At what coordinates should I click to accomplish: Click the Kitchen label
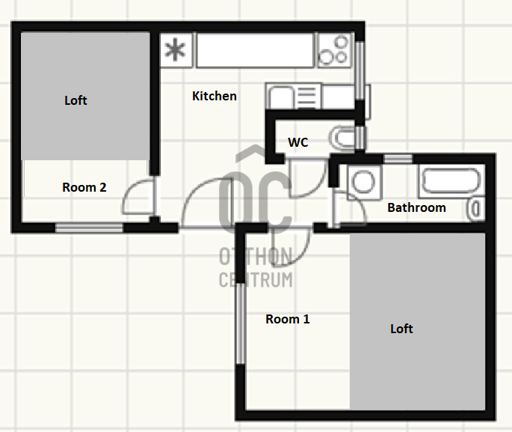(x=215, y=96)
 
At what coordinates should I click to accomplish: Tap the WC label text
(x=297, y=142)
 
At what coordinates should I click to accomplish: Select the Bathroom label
(x=416, y=207)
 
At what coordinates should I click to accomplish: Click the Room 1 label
(x=287, y=319)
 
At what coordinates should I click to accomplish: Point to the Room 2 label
(x=84, y=187)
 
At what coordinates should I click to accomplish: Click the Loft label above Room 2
(x=75, y=100)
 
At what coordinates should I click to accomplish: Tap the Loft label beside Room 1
(x=401, y=329)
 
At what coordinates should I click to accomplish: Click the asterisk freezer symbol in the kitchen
(x=176, y=50)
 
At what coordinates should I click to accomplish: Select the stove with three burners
(x=335, y=50)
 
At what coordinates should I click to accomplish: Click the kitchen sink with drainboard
(x=294, y=96)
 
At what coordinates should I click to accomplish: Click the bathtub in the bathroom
(x=451, y=181)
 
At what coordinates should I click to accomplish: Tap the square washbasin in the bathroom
(x=364, y=182)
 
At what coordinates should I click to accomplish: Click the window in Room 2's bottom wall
(x=89, y=228)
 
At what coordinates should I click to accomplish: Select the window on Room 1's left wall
(x=240, y=323)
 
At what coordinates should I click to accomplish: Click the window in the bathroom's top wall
(x=398, y=159)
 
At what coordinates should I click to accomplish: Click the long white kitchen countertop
(x=255, y=50)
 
